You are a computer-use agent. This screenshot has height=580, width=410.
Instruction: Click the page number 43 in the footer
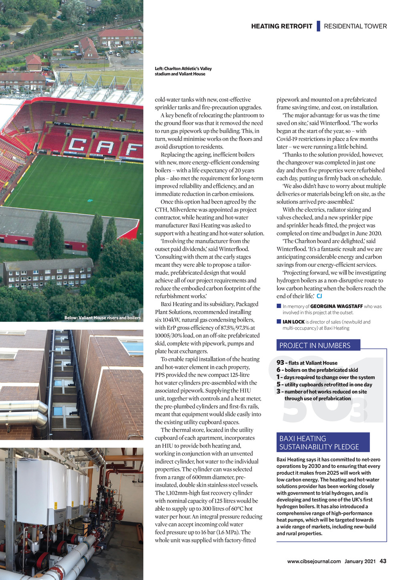pyautogui.click(x=383, y=561)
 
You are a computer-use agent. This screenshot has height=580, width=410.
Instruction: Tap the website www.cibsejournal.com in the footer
pyautogui.click(x=314, y=562)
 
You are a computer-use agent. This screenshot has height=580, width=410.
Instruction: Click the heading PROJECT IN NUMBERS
pyautogui.click(x=315, y=345)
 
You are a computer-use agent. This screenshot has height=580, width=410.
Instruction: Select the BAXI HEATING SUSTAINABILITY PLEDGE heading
pyautogui.click(x=319, y=443)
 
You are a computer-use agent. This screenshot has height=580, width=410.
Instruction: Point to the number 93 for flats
pyautogui.click(x=280, y=362)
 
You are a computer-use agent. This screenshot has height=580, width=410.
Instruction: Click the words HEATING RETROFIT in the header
pyautogui.click(x=281, y=26)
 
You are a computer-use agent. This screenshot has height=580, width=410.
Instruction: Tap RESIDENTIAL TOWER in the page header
pyautogui.click(x=355, y=26)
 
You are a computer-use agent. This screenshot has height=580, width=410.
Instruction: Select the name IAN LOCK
pyautogui.click(x=293, y=322)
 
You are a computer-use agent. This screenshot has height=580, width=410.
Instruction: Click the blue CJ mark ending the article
pyautogui.click(x=319, y=296)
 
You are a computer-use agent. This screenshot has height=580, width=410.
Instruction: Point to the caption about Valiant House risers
pyautogui.click(x=102, y=318)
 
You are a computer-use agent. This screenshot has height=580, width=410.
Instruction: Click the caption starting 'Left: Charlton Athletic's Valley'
pyautogui.click(x=183, y=71)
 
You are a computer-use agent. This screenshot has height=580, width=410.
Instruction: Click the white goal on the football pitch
pyautogui.click(x=112, y=161)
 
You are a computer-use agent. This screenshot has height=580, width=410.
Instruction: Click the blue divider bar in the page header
pyautogui.click(x=318, y=26)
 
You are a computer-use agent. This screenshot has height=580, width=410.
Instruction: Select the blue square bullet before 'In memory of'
pyautogui.click(x=279, y=306)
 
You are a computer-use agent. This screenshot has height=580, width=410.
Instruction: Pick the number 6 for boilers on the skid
pyautogui.click(x=278, y=370)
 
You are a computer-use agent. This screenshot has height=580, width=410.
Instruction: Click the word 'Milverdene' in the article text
pyautogui.click(x=183, y=209)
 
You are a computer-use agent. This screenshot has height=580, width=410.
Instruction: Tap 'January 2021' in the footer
pyautogui.click(x=360, y=562)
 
